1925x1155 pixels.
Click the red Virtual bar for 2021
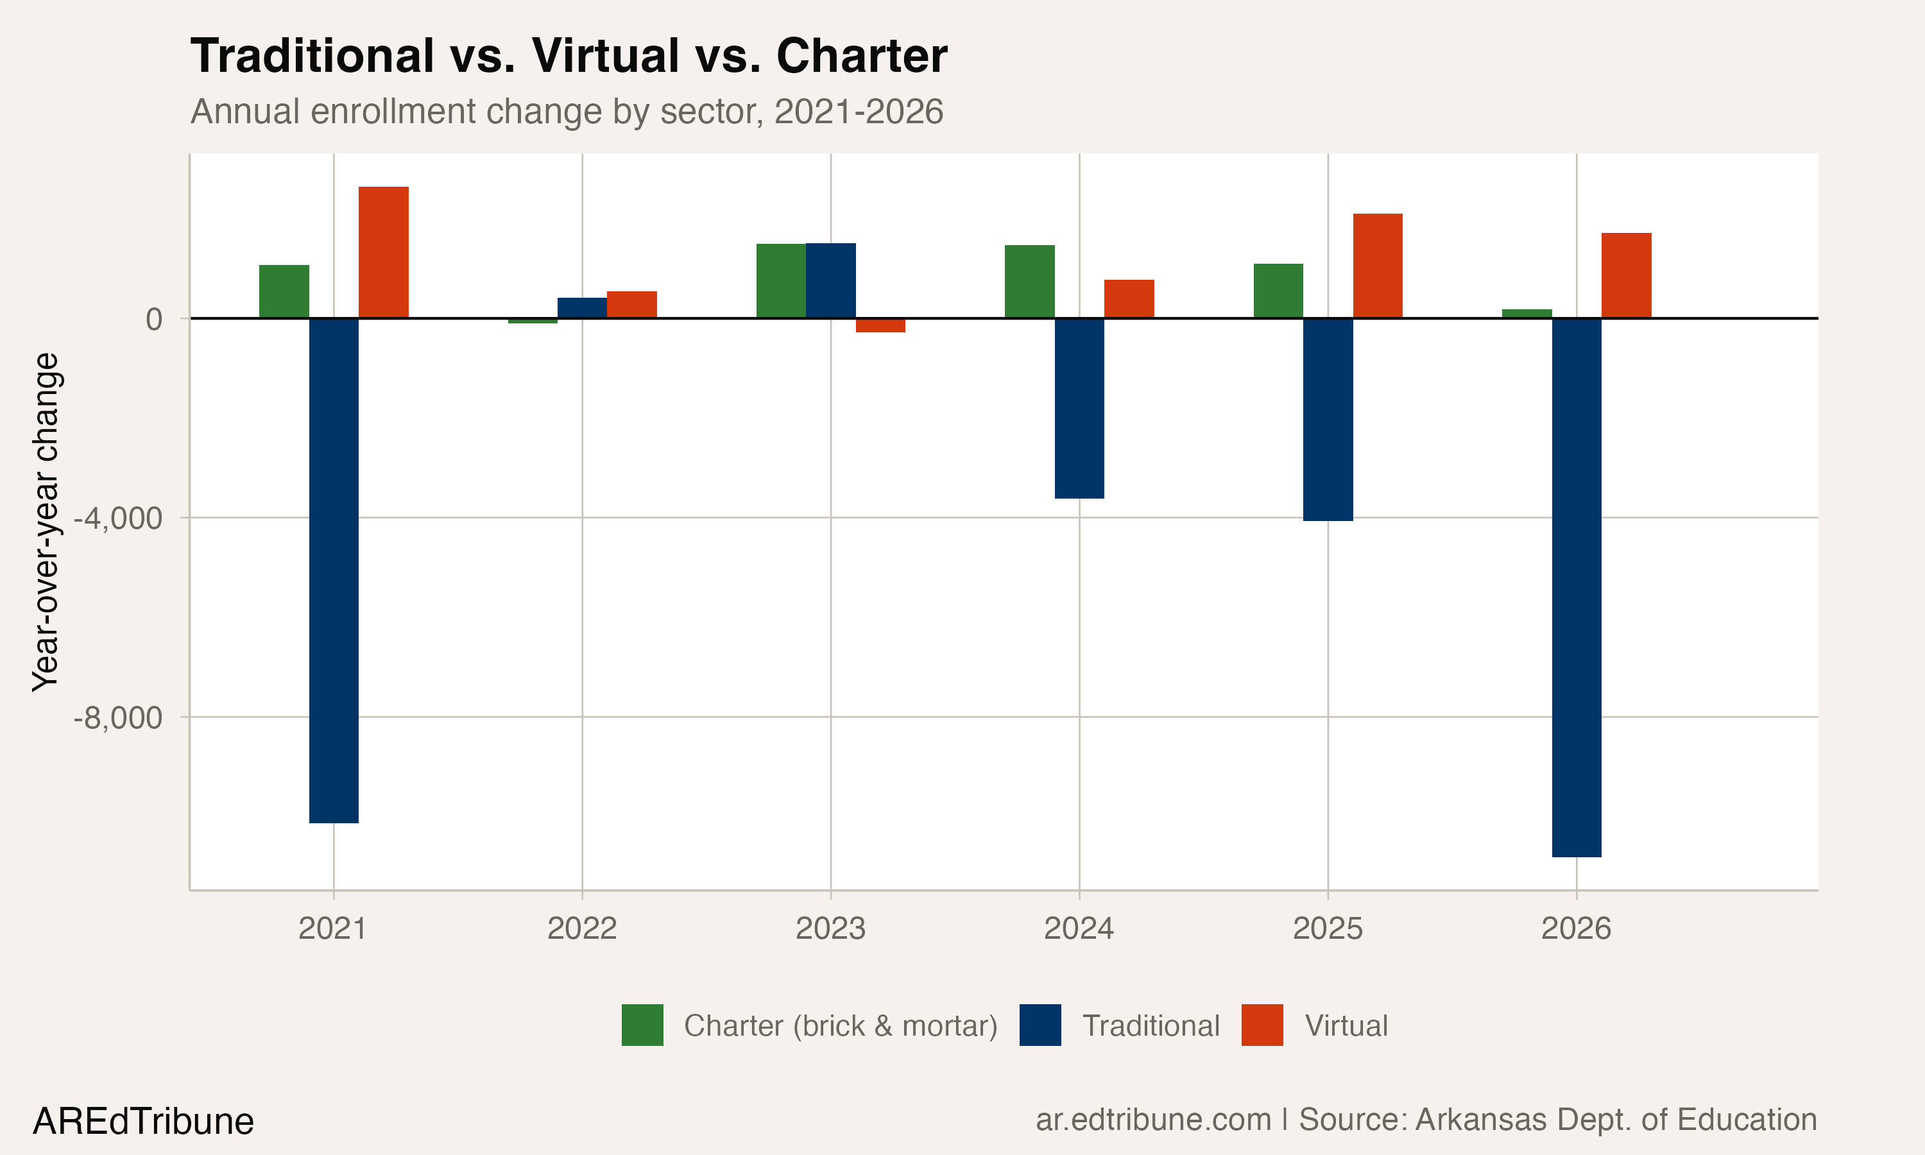(x=383, y=252)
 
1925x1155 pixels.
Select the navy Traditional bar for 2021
(x=334, y=570)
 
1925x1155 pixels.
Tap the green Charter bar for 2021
(x=284, y=291)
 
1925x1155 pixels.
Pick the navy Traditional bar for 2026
(x=1577, y=587)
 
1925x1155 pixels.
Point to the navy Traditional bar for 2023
(x=830, y=280)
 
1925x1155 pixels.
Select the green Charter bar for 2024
(x=1029, y=281)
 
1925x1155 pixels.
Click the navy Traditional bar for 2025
(x=1328, y=419)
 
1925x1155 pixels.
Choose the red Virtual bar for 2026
(x=1626, y=275)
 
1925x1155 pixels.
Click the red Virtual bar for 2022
(x=632, y=304)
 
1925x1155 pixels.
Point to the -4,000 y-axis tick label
(x=117, y=518)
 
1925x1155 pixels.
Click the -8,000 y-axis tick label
(x=117, y=717)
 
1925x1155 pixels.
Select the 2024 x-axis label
(x=1079, y=928)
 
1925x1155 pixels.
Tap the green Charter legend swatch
(x=642, y=1025)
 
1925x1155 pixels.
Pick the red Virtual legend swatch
(x=1262, y=1025)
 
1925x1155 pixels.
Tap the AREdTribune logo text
(x=143, y=1122)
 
